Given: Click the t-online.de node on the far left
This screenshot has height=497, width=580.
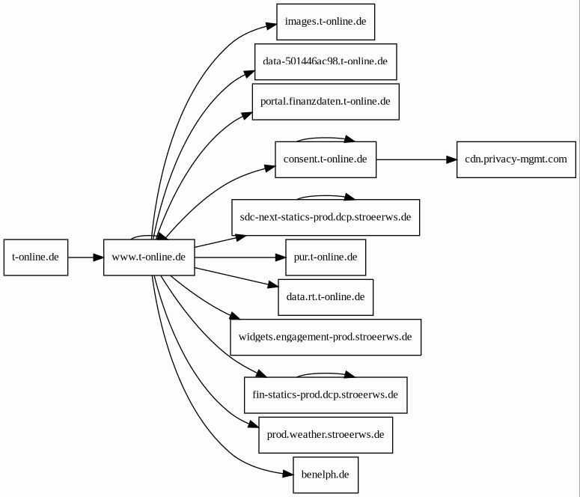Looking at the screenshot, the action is [36, 257].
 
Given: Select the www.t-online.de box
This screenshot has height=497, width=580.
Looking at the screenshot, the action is [149, 257].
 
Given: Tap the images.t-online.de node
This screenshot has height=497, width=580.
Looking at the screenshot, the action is [326, 22].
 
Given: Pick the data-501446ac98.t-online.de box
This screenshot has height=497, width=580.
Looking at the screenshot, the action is [326, 62].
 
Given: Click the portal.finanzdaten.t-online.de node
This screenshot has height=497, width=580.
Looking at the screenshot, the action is [326, 102].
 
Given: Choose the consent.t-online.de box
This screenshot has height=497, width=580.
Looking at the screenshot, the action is [326, 159].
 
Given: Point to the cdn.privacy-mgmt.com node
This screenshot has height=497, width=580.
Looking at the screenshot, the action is [516, 159].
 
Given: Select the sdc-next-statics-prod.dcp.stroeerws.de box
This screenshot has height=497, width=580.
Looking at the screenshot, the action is [326, 217].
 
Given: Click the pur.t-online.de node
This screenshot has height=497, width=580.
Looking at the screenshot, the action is [326, 257].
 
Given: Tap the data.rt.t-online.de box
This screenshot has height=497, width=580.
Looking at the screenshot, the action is [326, 297].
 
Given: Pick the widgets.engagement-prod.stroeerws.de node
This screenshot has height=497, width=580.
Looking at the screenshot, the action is [326, 337].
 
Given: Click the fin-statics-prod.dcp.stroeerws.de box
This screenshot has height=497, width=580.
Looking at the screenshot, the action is [326, 395].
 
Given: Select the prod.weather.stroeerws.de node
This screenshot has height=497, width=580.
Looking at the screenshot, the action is [326, 435].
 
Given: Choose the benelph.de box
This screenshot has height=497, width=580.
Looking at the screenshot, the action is [326, 475].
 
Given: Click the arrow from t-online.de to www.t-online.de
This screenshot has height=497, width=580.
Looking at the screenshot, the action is [86, 257].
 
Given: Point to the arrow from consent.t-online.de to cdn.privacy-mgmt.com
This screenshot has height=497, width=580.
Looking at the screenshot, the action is [417, 159].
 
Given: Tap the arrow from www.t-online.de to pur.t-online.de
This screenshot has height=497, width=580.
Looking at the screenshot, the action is [240, 257].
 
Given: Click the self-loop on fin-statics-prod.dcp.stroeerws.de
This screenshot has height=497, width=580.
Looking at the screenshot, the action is [326, 373].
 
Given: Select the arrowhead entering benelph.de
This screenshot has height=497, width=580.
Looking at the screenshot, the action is [288, 474].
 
